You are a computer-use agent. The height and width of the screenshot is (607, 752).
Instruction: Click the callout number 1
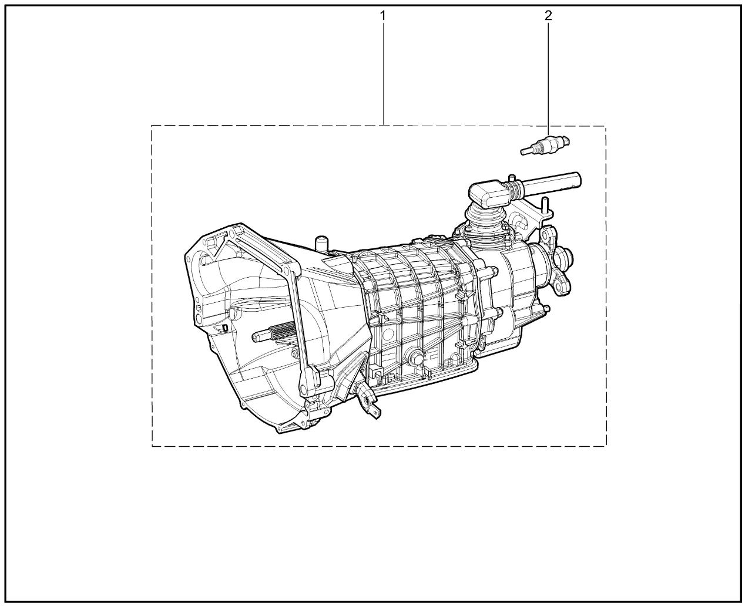(382, 16)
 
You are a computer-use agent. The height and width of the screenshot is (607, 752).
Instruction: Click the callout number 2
(548, 15)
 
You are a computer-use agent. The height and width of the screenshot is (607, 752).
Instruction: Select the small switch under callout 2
(545, 145)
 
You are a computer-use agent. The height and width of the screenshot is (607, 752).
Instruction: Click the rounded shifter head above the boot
(489, 194)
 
